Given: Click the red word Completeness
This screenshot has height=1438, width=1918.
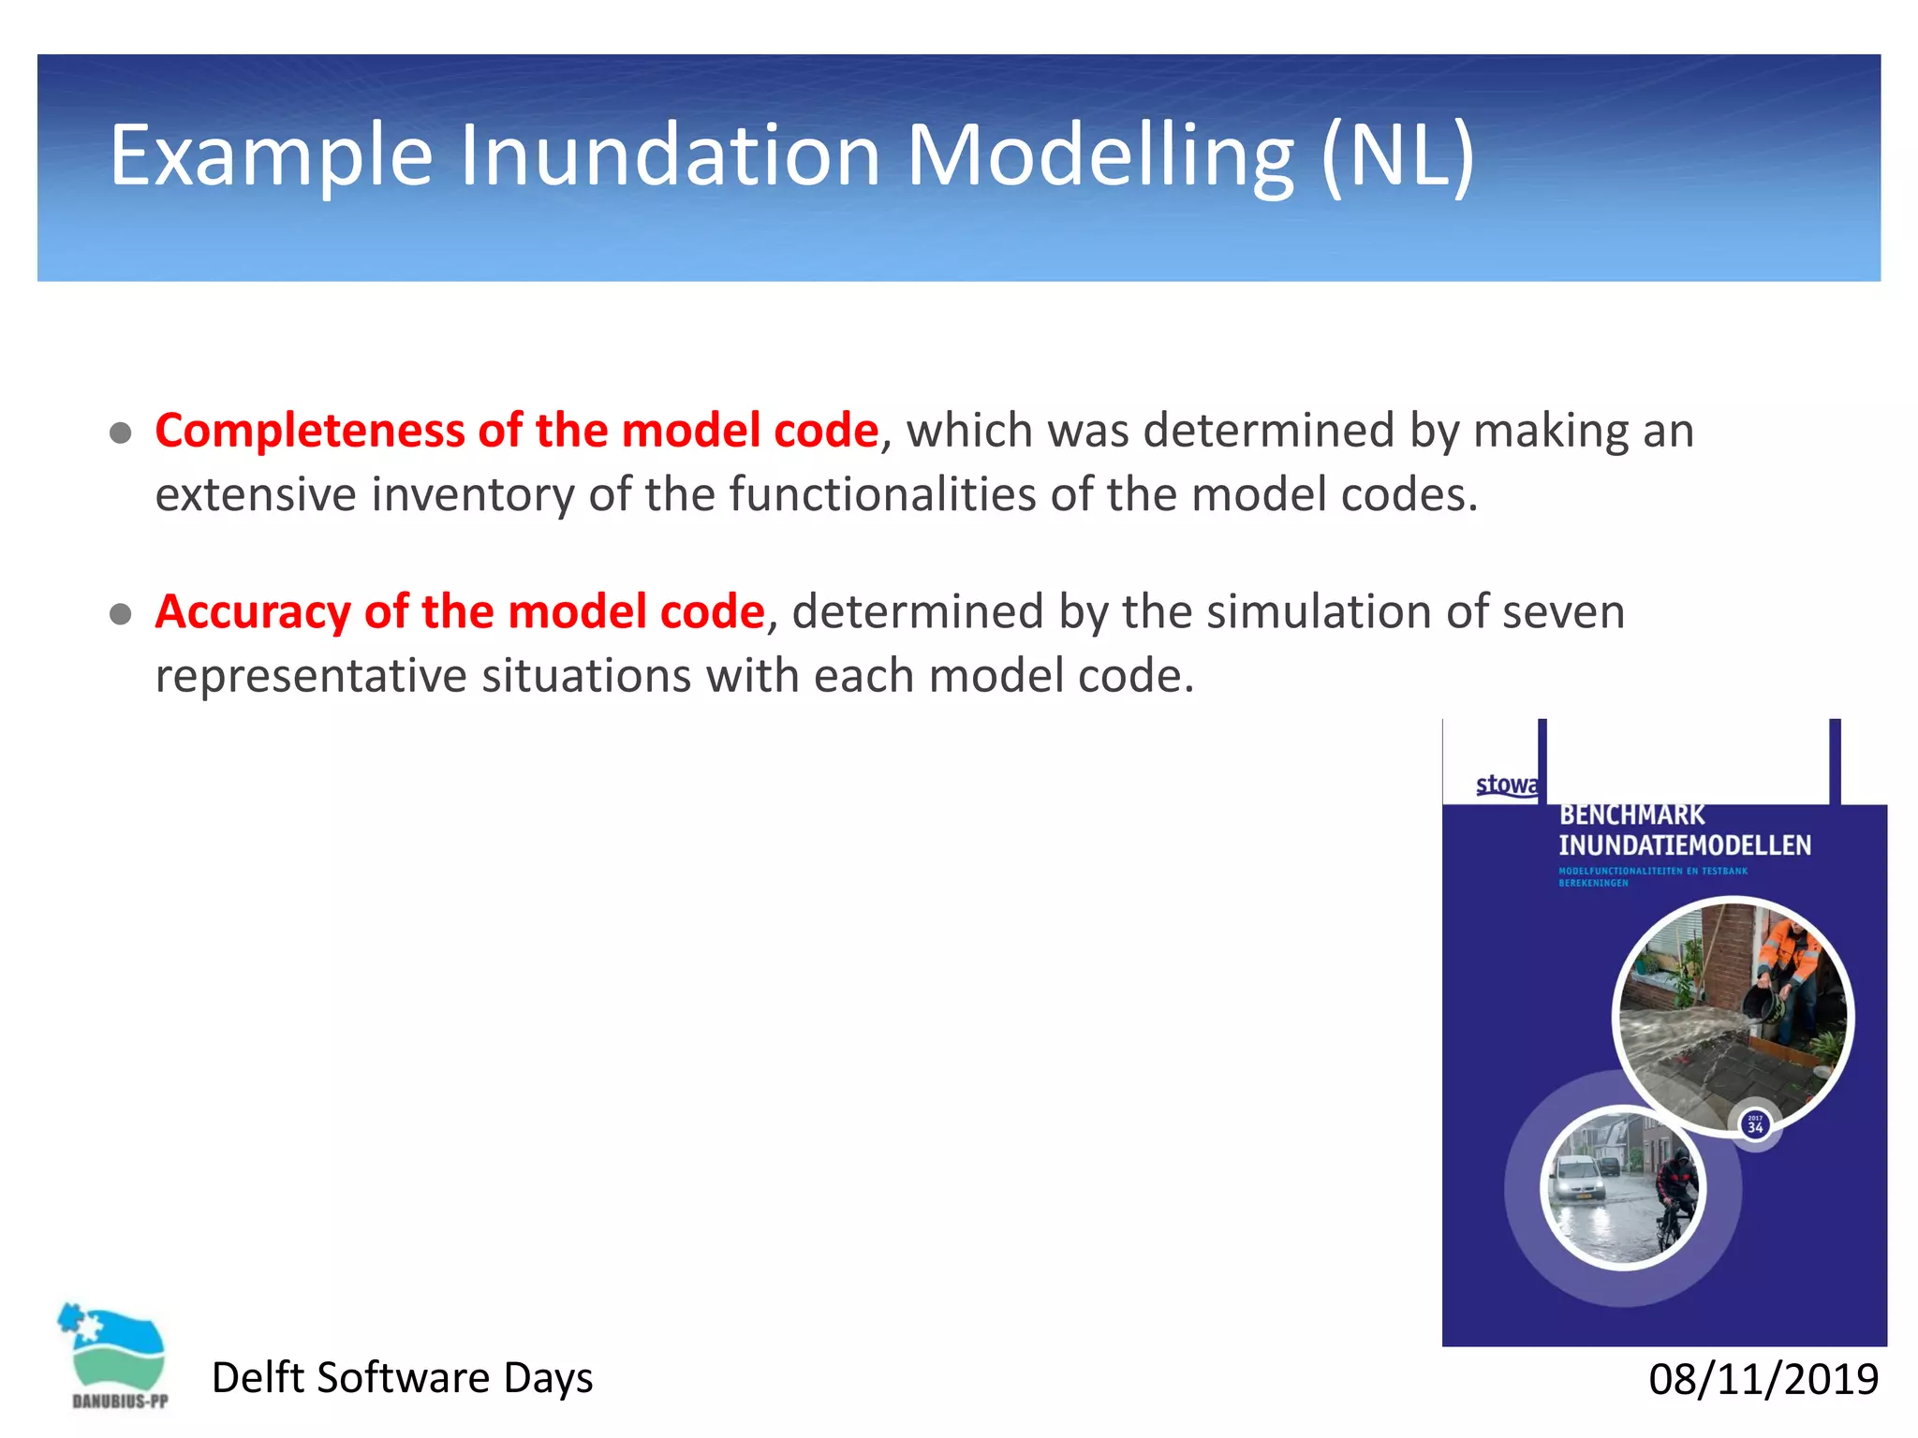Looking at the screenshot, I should tap(308, 432).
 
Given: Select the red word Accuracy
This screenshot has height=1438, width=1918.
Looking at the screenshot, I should tap(252, 612).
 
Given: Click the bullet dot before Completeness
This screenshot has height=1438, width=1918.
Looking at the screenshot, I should tap(120, 433).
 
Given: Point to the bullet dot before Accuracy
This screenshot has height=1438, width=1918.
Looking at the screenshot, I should tap(120, 614).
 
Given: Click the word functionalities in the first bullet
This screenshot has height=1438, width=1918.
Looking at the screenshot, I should tap(881, 494).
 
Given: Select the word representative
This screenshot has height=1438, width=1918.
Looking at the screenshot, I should tap(310, 676).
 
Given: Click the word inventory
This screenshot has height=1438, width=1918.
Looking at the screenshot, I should tap(472, 495).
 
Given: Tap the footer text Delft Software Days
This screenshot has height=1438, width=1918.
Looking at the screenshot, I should tap(402, 1378).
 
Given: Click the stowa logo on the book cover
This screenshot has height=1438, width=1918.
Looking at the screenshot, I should tap(1505, 785).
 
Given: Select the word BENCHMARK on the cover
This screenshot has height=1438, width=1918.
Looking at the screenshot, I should tap(1631, 815).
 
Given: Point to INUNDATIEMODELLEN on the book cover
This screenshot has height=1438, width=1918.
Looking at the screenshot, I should tap(1684, 845).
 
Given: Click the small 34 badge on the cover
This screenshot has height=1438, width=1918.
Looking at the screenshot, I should tap(1754, 1124).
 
